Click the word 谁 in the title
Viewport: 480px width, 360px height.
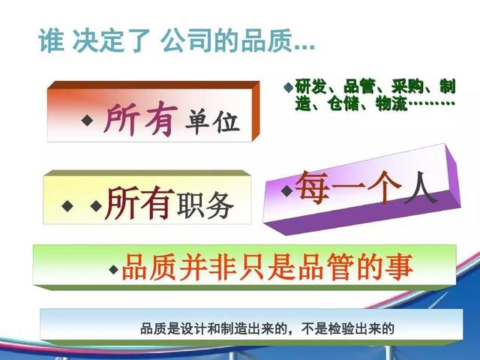click(51, 40)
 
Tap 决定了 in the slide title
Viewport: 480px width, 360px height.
click(112, 40)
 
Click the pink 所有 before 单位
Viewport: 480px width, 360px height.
click(141, 118)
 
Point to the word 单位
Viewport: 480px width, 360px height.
click(211, 121)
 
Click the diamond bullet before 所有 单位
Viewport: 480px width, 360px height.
click(88, 120)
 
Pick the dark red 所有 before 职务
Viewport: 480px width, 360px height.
click(140, 202)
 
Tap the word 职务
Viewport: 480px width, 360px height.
click(205, 205)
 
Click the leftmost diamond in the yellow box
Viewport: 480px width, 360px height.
click(67, 205)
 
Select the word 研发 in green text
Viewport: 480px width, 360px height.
click(310, 86)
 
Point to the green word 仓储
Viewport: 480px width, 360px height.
click(342, 103)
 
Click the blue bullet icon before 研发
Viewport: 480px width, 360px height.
click(288, 88)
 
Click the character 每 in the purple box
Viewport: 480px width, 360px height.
click(312, 187)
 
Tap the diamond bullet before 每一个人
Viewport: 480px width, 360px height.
click(287, 191)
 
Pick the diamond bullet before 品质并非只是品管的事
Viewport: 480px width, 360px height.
click(114, 269)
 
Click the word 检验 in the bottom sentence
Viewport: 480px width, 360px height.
click(340, 328)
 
